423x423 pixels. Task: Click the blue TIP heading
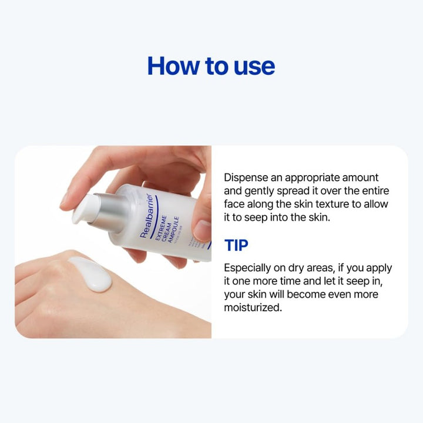[x=236, y=245]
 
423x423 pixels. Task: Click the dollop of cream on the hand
[x=90, y=273]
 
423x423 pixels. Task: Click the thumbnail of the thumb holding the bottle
[x=202, y=230]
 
